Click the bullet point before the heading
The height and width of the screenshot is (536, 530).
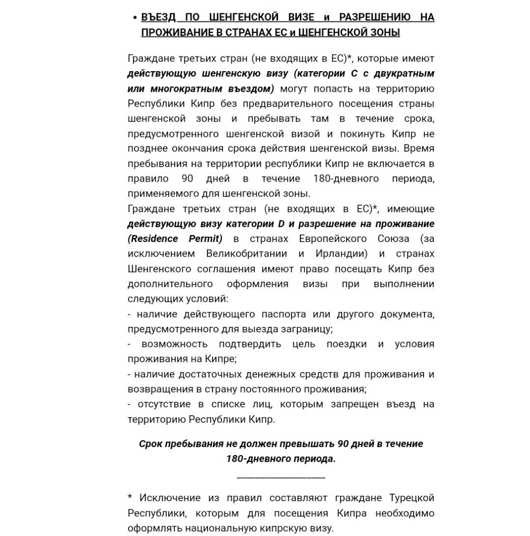click(x=134, y=18)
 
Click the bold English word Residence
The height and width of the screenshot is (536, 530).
click(x=153, y=239)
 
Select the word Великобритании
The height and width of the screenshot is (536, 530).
click(x=247, y=254)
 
